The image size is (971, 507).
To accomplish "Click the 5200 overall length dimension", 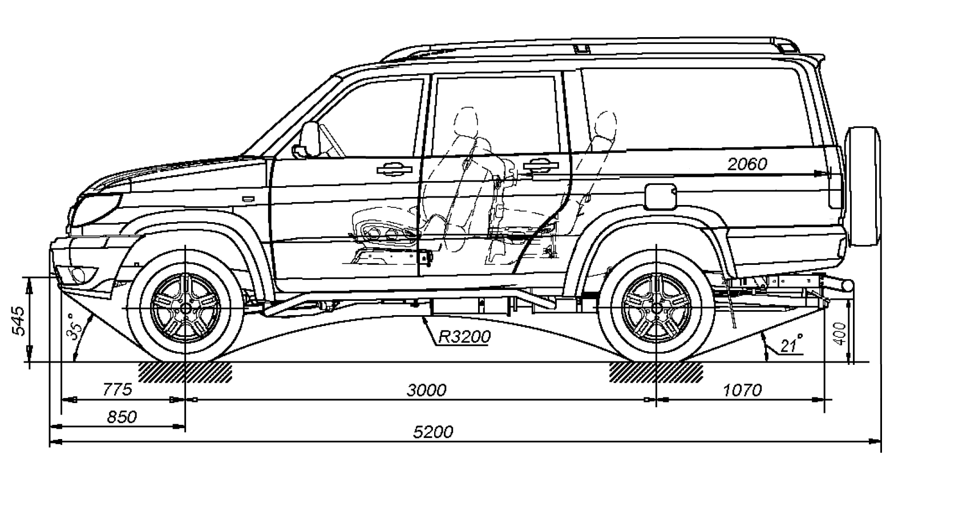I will click(433, 432).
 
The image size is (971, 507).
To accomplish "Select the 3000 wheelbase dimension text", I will click(426, 391).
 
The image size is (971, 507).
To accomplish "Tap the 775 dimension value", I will click(118, 390).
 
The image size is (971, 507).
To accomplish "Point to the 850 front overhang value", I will click(122, 417).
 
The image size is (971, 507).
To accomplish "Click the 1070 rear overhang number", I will click(742, 391).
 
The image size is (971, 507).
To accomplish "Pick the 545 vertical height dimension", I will click(18, 321).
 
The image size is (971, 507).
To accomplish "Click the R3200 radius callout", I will click(464, 337).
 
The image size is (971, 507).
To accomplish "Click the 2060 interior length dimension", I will click(747, 164).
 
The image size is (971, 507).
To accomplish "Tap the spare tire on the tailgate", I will click(863, 186).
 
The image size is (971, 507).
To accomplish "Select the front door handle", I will click(394, 168).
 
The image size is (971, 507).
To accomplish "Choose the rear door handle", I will click(537, 165).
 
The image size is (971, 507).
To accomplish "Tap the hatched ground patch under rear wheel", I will click(656, 372).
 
